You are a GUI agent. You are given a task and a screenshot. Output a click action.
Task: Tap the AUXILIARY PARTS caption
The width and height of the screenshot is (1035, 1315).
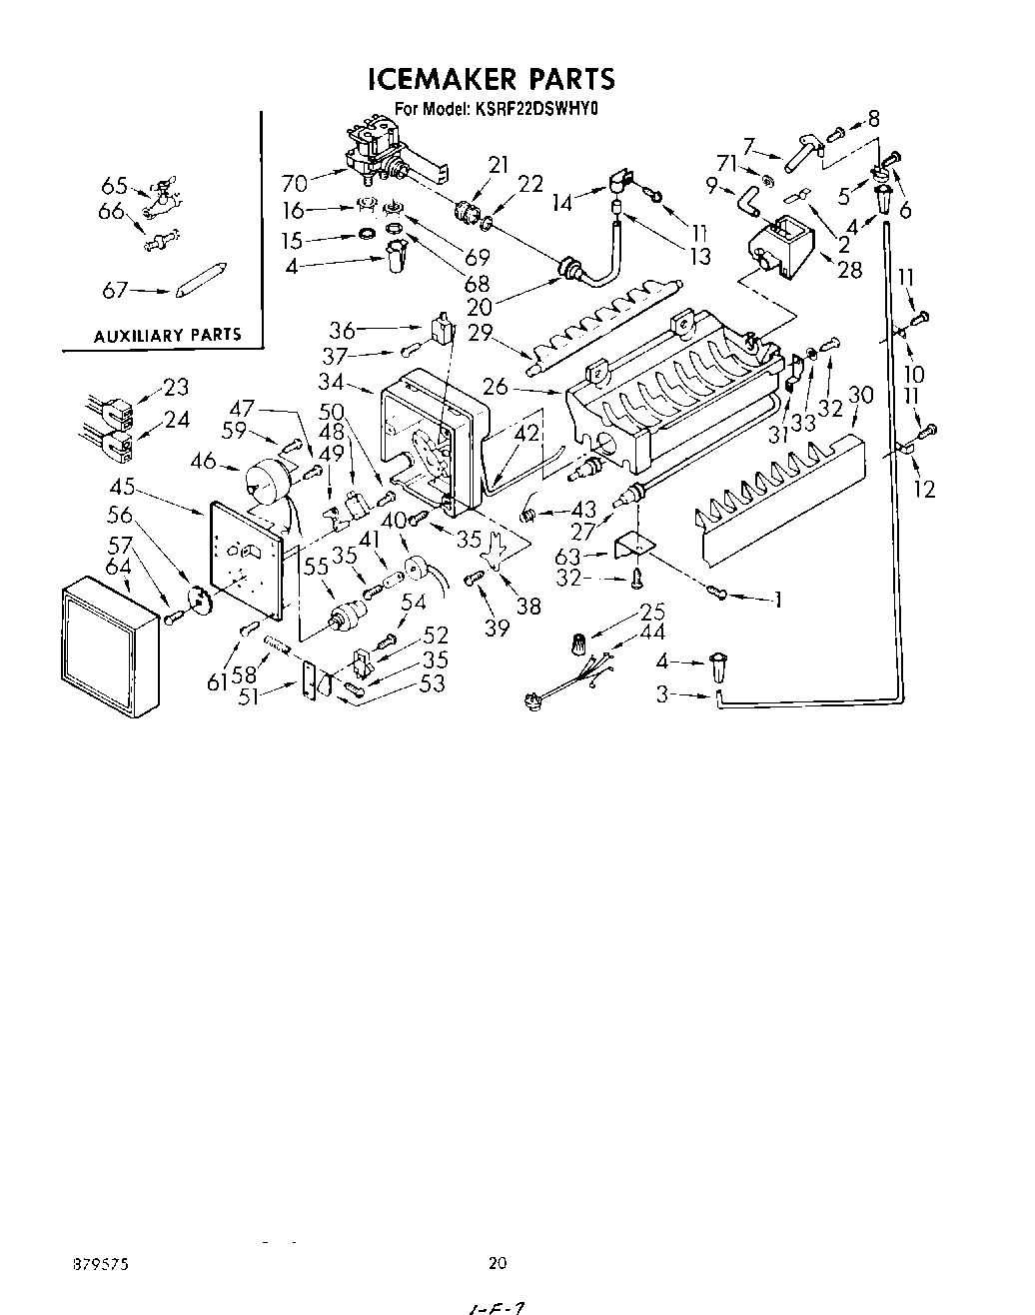tap(167, 335)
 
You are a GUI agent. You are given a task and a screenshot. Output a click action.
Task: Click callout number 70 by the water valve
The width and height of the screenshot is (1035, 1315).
tap(295, 183)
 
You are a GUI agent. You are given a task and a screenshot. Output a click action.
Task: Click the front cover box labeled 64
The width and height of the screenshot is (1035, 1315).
tap(108, 647)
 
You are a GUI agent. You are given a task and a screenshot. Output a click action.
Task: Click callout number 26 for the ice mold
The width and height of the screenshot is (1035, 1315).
tap(495, 387)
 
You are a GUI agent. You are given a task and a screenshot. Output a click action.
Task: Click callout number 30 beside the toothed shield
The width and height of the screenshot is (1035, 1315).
tap(860, 395)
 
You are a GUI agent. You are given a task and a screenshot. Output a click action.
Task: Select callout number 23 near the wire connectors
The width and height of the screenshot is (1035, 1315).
tap(176, 387)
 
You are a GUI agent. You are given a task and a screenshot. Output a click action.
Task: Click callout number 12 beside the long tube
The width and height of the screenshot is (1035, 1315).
tap(925, 490)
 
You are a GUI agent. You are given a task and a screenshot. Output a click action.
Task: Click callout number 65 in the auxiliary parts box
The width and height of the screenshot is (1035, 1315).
tap(114, 185)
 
